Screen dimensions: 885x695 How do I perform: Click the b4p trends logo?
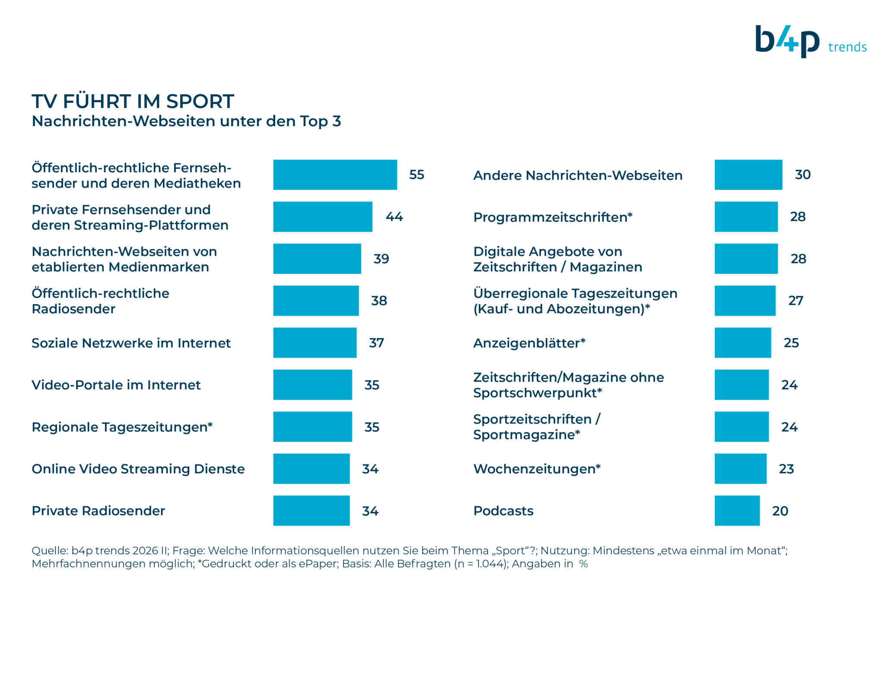(x=811, y=41)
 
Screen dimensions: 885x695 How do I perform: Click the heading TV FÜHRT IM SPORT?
(x=133, y=102)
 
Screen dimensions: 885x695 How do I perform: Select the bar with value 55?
(x=335, y=175)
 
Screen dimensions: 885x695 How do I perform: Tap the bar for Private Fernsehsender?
(x=323, y=217)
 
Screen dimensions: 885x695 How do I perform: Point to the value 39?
(x=381, y=259)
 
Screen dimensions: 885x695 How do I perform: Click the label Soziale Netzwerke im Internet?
(x=131, y=343)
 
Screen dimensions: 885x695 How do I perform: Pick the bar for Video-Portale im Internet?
(x=312, y=385)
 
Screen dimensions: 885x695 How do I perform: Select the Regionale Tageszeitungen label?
(x=122, y=427)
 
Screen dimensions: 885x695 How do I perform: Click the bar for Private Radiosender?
(x=312, y=511)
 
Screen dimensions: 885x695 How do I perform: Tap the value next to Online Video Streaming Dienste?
(x=370, y=469)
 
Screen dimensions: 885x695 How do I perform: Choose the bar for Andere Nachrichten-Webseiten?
(x=748, y=175)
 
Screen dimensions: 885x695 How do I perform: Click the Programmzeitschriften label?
(x=553, y=217)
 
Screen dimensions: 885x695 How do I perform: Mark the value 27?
(x=796, y=301)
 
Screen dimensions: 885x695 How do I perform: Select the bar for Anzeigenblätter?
(x=743, y=343)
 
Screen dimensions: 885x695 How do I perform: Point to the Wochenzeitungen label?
(x=537, y=469)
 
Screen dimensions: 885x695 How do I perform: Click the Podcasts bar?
(x=737, y=511)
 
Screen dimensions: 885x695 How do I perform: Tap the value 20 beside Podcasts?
(x=780, y=511)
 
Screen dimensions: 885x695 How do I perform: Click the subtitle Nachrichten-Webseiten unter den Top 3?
(x=187, y=121)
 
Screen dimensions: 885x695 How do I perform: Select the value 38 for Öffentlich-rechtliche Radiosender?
(x=379, y=301)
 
